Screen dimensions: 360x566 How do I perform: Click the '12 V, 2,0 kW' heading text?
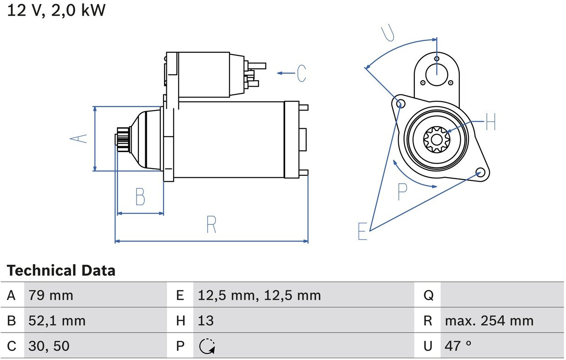point(56,10)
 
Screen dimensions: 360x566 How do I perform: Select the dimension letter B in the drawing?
point(140,197)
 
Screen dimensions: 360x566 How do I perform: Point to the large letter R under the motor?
point(211,224)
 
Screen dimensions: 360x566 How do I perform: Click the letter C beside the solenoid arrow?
point(301,73)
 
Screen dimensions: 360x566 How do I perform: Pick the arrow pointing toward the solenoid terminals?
point(286,73)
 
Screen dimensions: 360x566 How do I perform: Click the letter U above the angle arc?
point(388,32)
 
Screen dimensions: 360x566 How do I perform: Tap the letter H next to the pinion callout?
point(490,122)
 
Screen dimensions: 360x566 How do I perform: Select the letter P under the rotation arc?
point(402,192)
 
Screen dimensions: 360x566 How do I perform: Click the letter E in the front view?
point(362,231)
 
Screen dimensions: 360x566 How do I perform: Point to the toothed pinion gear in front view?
point(436,139)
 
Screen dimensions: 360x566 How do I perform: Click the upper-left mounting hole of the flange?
point(401,103)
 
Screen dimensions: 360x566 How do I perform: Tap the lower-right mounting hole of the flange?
point(480,172)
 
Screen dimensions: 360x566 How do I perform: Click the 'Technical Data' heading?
point(61,271)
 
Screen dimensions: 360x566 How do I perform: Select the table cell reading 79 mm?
point(50,295)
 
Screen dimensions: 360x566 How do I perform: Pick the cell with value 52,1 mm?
point(57,321)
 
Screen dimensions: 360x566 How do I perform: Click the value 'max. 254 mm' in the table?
point(489,321)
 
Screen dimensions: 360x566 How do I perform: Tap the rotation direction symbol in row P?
point(207,346)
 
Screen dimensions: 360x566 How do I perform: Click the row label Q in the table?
point(428,295)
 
